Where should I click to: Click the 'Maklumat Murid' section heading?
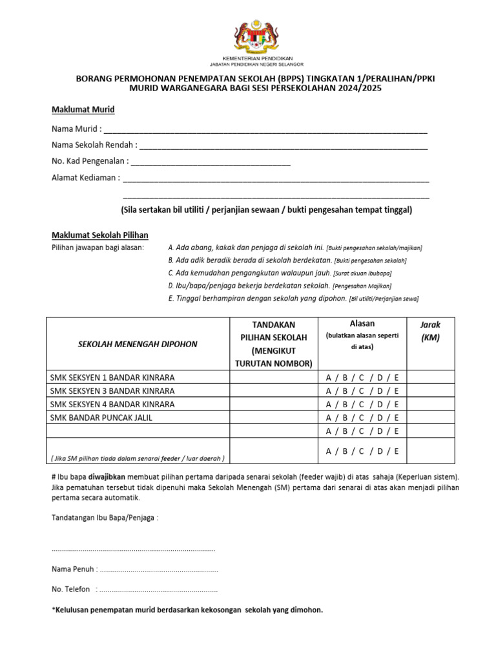[83, 109]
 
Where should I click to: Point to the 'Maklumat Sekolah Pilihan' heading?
[99, 235]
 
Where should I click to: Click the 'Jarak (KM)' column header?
[430, 331]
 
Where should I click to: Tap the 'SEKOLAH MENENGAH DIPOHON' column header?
[138, 344]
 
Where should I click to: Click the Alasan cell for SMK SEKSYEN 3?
[362, 391]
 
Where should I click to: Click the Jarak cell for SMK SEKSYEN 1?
[430, 378]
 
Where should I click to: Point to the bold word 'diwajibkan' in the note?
[100, 476]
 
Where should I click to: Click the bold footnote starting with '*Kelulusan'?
[187, 610]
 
